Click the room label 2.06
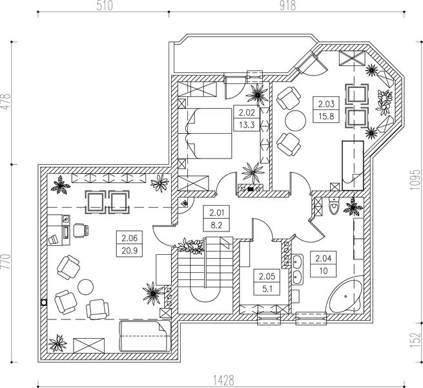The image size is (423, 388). pyautogui.click(x=130, y=238)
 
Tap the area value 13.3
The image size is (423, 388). pyautogui.click(x=247, y=125)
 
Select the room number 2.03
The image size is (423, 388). pyautogui.click(x=326, y=103)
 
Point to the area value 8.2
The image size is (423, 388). pyautogui.click(x=216, y=225)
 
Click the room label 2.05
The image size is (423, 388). pyautogui.click(x=267, y=276)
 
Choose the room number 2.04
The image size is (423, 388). pyautogui.click(x=323, y=259)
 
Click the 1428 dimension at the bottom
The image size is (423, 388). pyautogui.click(x=223, y=380)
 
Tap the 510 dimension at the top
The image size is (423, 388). pyautogui.click(x=105, y=6)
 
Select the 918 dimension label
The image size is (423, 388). pyautogui.click(x=287, y=6)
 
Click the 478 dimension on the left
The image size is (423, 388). pyautogui.click(x=6, y=102)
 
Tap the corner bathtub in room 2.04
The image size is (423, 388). pyautogui.click(x=344, y=296)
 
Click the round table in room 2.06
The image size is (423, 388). pyautogui.click(x=85, y=287)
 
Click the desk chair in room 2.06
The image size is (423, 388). pyautogui.click(x=81, y=230)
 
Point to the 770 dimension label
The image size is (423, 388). pyautogui.click(x=6, y=261)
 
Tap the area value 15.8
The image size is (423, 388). pyautogui.click(x=326, y=116)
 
